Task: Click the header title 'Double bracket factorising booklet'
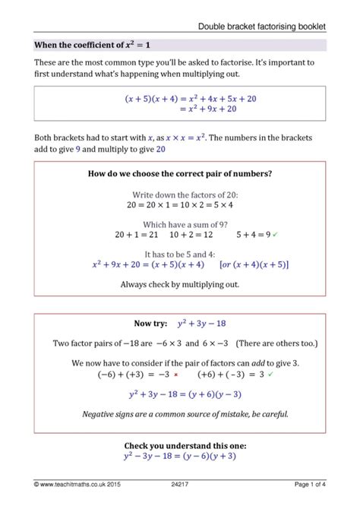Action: pyautogui.click(x=262, y=27)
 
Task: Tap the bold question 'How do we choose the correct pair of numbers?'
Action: pyautogui.click(x=180, y=174)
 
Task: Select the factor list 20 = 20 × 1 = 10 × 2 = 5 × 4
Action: pyautogui.click(x=180, y=204)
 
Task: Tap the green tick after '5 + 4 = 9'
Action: pyautogui.click(x=276, y=235)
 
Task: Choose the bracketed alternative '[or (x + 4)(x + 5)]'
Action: pyautogui.click(x=254, y=265)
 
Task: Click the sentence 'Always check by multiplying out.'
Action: pyautogui.click(x=180, y=284)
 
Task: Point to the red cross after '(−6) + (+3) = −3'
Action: pyautogui.click(x=175, y=375)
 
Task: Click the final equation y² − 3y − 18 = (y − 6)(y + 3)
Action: pyautogui.click(x=180, y=456)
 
